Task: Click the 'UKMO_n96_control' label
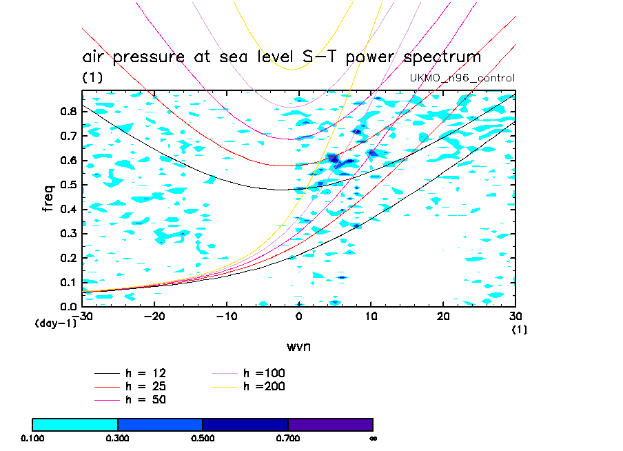pos(462,78)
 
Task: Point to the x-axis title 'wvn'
pos(298,346)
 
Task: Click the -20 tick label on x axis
pos(154,316)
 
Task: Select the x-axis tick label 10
pos(371,316)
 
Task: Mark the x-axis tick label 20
pos(443,316)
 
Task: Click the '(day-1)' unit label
pos(54,323)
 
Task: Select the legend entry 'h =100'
pos(265,373)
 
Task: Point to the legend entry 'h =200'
pos(265,386)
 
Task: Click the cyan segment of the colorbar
pos(75,424)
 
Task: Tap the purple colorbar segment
pos(330,424)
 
